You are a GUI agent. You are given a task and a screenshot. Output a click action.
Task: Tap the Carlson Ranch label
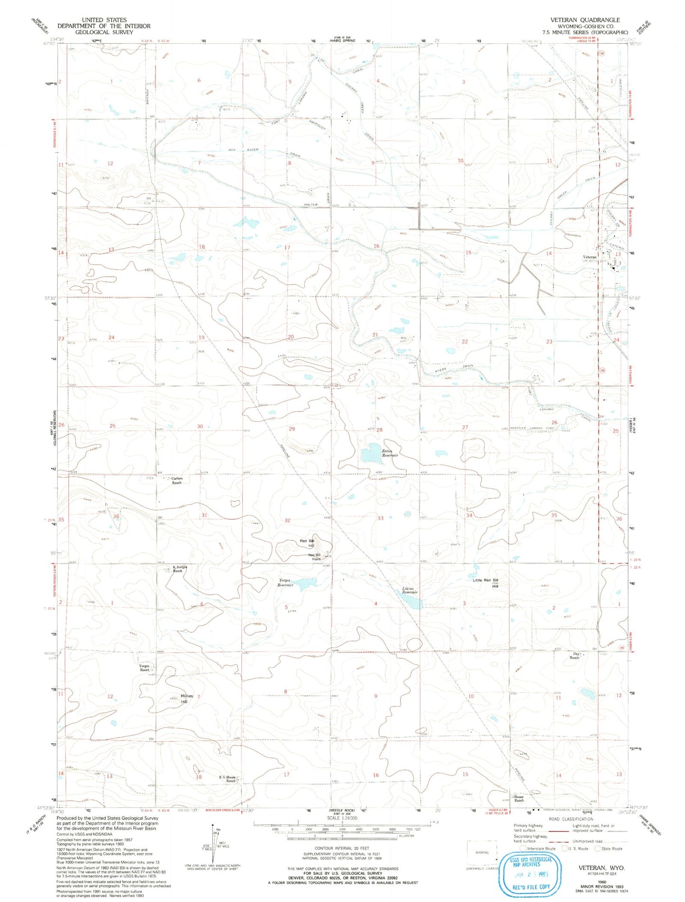pos(176,480)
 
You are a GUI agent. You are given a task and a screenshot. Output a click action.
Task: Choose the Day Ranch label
pos(575,656)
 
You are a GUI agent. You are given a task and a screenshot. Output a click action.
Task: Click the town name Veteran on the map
pos(590,257)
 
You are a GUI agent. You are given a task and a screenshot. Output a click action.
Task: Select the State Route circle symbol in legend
pos(598,848)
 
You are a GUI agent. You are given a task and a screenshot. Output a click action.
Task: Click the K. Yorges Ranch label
pos(177,569)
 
